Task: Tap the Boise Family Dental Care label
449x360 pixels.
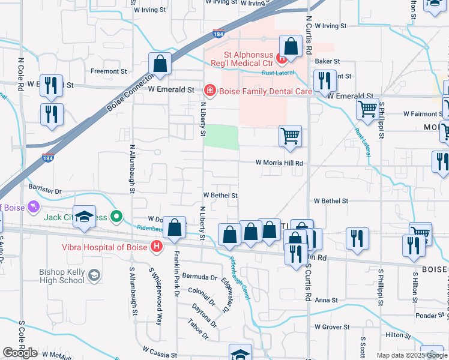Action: coord(265,91)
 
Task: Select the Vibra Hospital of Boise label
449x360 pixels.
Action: coord(104,246)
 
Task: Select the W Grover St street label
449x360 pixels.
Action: coord(333,327)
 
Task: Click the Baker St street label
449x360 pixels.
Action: coord(328,61)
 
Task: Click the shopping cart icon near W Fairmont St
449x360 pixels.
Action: coord(367,109)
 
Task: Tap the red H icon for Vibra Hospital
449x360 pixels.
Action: coord(157,246)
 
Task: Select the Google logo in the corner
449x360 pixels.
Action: coord(20,353)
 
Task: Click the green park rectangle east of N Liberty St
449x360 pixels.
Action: coord(221,136)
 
